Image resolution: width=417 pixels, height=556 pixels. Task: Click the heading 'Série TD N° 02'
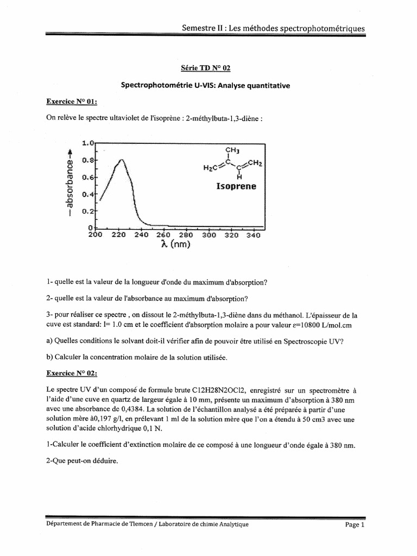click(208, 68)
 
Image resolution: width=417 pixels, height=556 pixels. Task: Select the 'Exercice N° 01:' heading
click(72, 102)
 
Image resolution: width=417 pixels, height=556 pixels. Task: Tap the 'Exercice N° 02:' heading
click(72, 373)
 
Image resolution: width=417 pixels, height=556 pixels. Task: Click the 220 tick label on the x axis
click(118, 235)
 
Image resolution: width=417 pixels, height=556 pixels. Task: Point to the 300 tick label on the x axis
click(208, 235)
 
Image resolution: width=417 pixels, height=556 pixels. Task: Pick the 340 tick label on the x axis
click(252, 235)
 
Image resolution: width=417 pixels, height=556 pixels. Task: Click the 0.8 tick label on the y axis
click(88, 161)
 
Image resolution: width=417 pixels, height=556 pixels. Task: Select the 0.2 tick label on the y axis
click(88, 211)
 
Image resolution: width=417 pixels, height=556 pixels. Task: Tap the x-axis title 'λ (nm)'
click(175, 245)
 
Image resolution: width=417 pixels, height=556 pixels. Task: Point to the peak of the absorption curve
click(122, 160)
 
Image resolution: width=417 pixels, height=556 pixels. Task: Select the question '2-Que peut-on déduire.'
click(82, 462)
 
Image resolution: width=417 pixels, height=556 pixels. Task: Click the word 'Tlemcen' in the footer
click(153, 525)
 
